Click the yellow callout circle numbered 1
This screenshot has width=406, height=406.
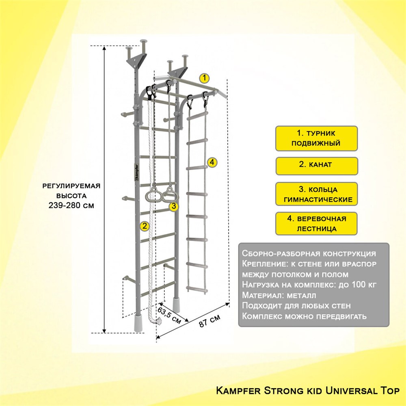coord(204,78)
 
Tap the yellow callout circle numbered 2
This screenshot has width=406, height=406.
coord(145,226)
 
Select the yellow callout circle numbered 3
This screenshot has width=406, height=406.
coord(174,206)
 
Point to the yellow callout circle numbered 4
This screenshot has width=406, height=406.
coord(212,162)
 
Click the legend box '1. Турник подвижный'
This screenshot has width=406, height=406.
coord(316,138)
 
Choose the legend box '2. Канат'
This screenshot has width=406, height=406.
coord(316,166)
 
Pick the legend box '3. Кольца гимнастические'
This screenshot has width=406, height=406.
coord(316,194)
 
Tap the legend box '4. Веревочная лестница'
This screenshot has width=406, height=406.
coord(316,223)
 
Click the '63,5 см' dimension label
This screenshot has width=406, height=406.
coord(169,315)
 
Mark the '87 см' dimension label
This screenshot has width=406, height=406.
coord(210,321)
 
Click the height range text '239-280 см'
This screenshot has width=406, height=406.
coord(71,205)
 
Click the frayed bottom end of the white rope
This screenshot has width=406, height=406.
coord(158,321)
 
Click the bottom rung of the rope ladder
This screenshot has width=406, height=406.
coord(197,289)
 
